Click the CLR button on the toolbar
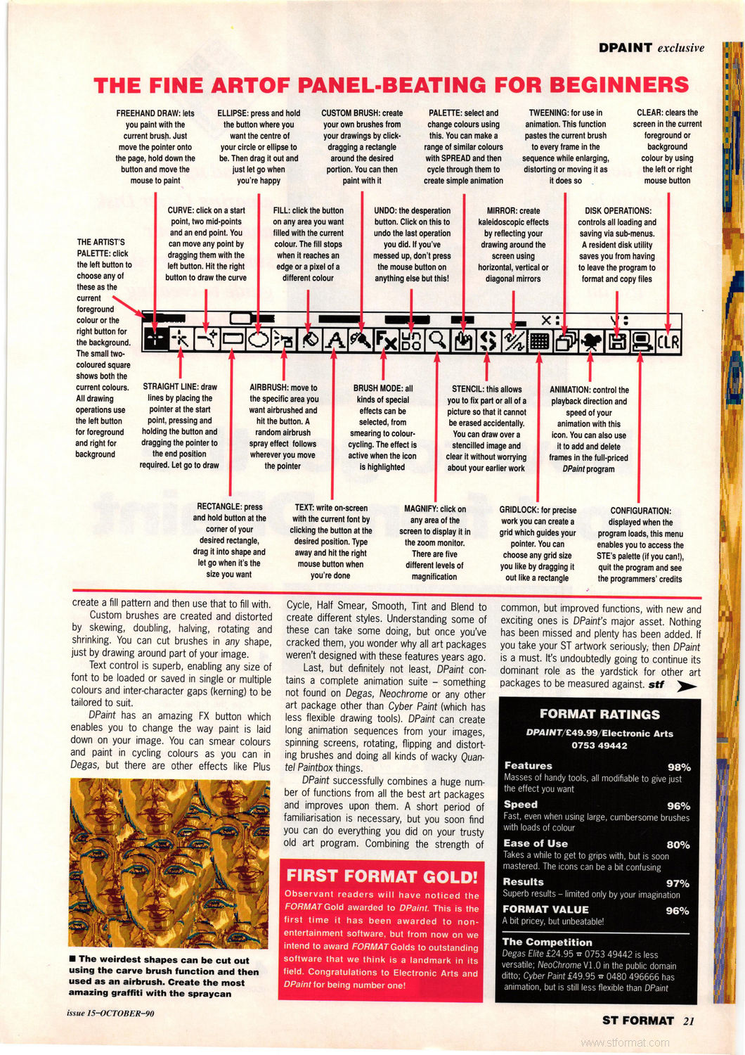coord(668,341)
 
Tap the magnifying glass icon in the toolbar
coord(437,340)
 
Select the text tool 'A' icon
coord(335,340)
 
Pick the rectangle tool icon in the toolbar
coord(232,340)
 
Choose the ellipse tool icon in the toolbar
coord(258,340)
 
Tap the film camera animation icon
coord(590,341)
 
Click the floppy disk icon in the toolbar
coord(617,341)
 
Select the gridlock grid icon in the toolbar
coord(539,341)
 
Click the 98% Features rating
coord(678,767)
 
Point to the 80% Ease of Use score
coord(678,845)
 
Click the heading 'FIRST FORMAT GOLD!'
coord(382,876)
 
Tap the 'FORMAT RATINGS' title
coord(600,714)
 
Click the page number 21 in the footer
coord(688,1021)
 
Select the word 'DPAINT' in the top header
coord(625,48)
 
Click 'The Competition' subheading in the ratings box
coord(547,942)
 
